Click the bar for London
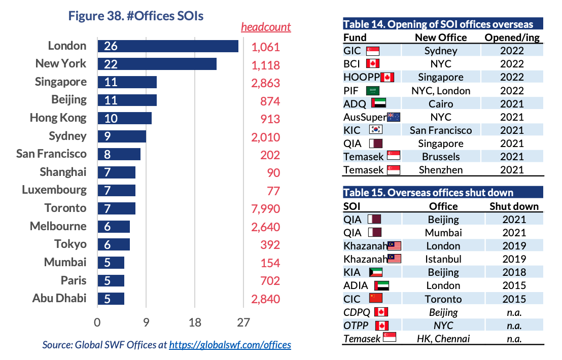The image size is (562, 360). [x=168, y=46]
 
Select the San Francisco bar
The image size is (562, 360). [x=119, y=154]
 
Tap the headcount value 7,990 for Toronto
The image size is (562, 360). [x=265, y=208]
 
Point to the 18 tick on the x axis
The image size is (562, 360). [x=195, y=322]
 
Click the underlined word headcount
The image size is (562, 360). [x=266, y=27]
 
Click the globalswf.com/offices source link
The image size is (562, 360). [x=230, y=345]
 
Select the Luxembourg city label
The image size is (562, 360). [x=54, y=190]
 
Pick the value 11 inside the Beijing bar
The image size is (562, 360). [x=111, y=100]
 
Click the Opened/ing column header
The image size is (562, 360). [x=512, y=38]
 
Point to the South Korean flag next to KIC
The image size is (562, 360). [x=376, y=130]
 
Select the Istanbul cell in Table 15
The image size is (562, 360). [x=443, y=259]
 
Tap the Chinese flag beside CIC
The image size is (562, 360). [x=376, y=299]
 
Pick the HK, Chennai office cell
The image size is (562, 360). [x=443, y=338]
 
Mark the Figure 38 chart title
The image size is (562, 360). [x=136, y=16]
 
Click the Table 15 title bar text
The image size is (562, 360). [x=429, y=193]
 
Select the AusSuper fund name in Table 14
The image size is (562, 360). [x=364, y=117]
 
